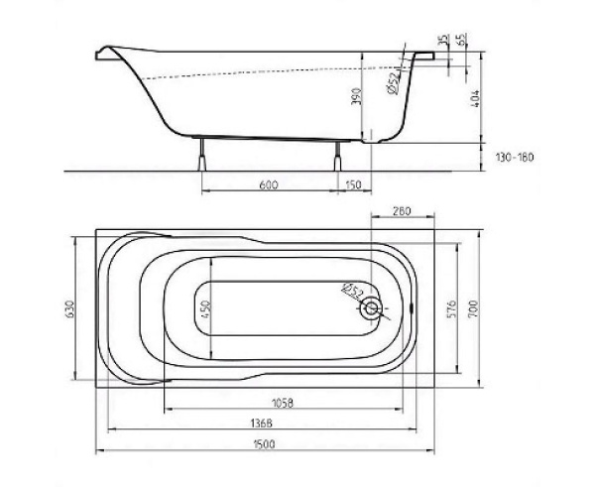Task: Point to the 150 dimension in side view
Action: (354, 184)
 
